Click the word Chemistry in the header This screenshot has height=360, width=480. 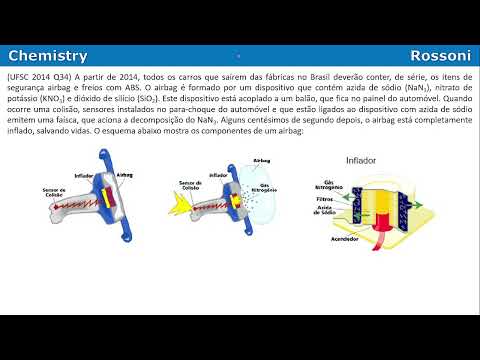click(47, 57)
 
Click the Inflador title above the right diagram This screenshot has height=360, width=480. click(361, 160)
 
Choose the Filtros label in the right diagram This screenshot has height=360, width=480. click(326, 199)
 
